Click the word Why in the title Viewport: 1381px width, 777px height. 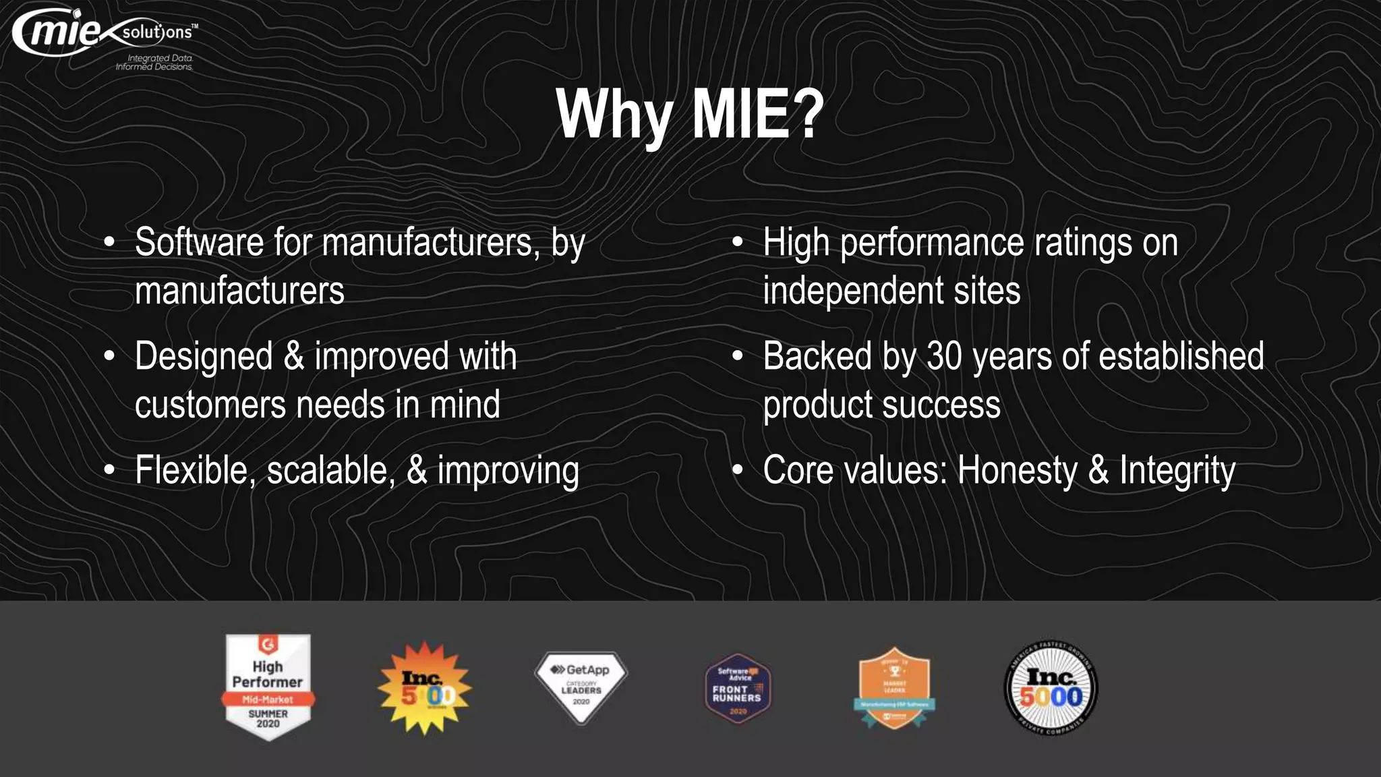tap(614, 116)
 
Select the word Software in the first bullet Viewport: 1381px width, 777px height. tap(200, 242)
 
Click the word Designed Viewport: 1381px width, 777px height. tap(204, 357)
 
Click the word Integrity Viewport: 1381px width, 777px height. tap(1177, 470)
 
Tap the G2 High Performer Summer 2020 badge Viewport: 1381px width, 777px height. tap(268, 687)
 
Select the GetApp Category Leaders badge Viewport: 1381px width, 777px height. tap(581, 687)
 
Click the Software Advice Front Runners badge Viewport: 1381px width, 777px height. tap(737, 689)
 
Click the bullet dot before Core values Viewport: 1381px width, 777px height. tap(738, 470)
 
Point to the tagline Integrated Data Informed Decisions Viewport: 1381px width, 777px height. tap(155, 63)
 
